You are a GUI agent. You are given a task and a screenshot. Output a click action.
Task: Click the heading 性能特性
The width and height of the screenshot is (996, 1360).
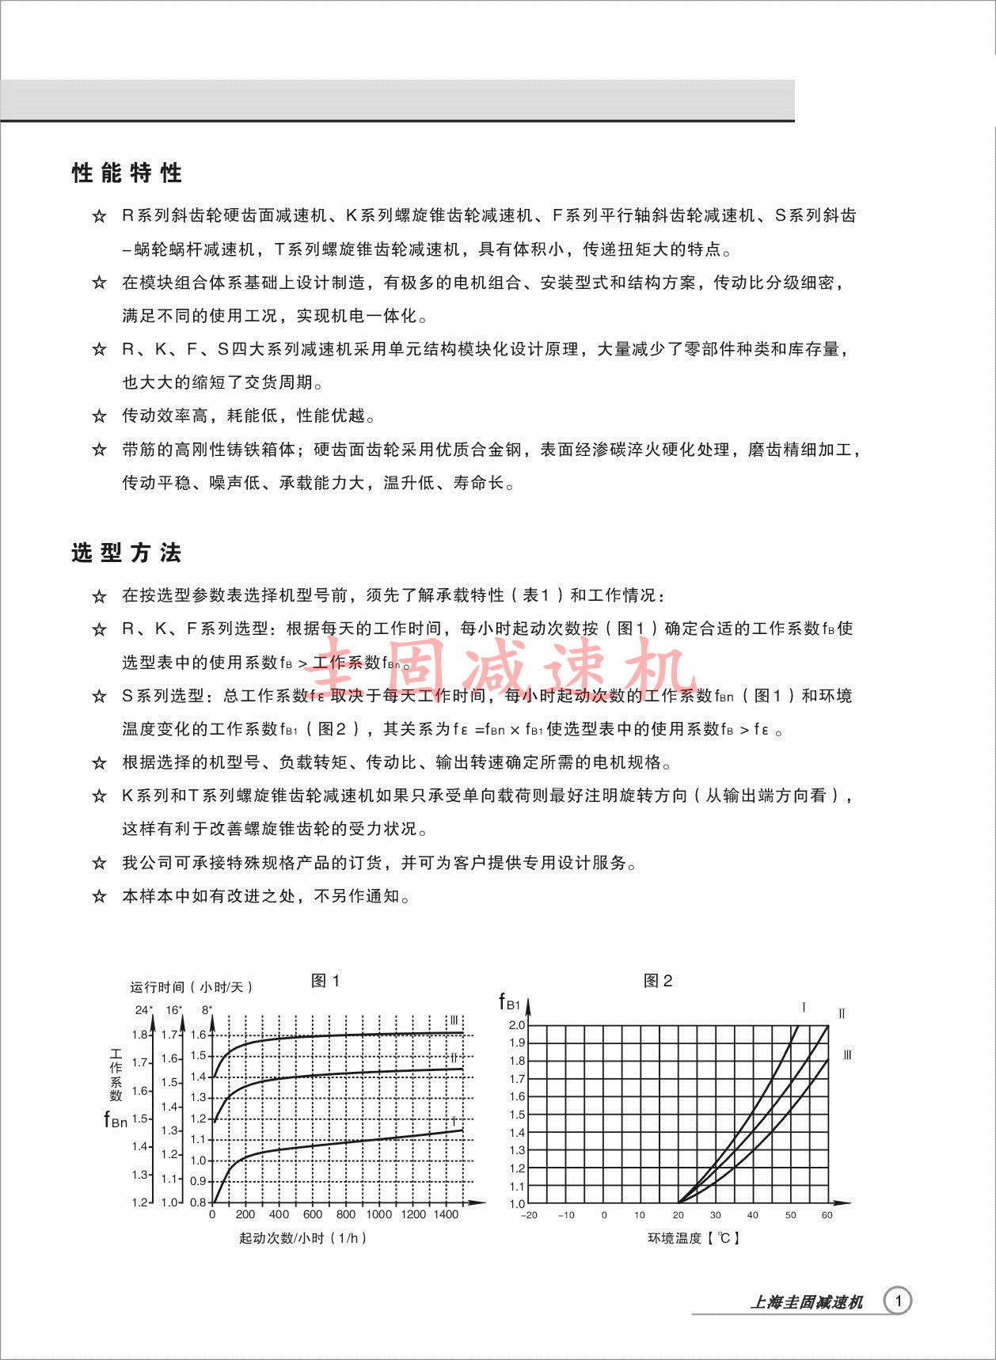127,173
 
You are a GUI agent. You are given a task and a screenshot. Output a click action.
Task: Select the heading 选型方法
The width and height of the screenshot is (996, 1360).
127,553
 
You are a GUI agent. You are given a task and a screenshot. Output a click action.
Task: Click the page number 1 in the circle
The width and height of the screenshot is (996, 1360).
898,1301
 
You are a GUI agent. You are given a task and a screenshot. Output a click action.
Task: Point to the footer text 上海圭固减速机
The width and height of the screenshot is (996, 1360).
806,1302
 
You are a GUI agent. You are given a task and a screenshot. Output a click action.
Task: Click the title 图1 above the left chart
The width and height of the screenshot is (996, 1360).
325,981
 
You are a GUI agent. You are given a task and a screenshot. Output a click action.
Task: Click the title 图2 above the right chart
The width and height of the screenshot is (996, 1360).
658,981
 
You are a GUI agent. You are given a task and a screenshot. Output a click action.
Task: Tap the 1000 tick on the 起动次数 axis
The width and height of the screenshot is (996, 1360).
379,1214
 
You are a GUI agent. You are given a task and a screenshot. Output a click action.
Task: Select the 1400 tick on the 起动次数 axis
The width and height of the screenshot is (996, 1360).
446,1214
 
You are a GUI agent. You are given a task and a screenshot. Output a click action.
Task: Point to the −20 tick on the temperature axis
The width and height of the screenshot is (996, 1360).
529,1215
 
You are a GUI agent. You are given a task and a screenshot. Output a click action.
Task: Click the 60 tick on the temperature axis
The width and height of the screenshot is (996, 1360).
827,1215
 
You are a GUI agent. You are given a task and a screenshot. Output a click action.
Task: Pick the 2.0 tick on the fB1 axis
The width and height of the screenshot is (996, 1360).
517,1025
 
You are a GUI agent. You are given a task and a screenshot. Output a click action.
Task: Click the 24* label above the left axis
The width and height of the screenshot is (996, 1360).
143,1009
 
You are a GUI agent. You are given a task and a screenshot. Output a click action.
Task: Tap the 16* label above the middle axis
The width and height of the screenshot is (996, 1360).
174,1009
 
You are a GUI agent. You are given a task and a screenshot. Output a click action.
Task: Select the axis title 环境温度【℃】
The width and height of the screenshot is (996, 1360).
694,1238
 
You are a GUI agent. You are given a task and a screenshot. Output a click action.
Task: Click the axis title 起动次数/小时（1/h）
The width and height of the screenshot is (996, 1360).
303,1238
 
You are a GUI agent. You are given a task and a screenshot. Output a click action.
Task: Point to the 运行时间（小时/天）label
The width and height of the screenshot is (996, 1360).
192,987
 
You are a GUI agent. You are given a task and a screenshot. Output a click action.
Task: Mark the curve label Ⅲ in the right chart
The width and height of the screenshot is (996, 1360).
847,1055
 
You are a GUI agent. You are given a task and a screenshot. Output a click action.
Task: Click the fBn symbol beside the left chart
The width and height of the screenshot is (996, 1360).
116,1120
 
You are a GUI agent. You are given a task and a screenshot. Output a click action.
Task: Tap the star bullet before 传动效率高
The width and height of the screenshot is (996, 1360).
99,416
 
